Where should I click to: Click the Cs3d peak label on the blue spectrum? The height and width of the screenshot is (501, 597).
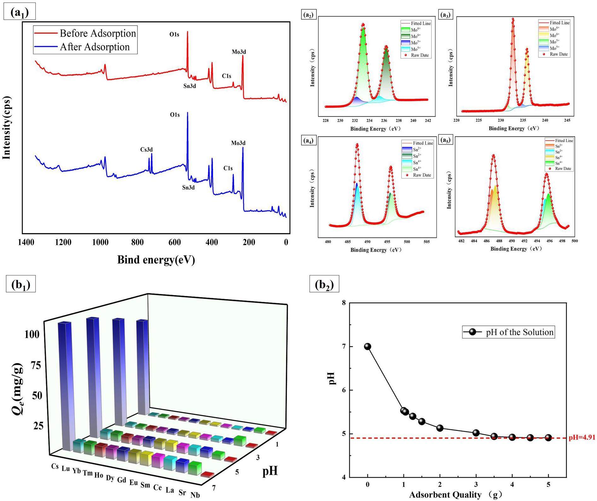[146, 150]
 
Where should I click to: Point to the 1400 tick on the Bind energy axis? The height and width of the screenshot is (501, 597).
[26, 242]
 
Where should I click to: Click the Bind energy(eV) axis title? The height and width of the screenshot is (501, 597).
[156, 260]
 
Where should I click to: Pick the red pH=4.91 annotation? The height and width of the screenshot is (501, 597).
[582, 437]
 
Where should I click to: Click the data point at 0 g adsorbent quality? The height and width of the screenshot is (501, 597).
[368, 347]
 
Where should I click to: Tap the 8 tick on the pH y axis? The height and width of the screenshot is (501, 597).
[344, 303]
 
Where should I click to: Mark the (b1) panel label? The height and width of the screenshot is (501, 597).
[21, 284]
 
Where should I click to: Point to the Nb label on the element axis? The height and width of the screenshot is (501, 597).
[195, 495]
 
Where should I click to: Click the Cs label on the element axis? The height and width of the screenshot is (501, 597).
[55, 466]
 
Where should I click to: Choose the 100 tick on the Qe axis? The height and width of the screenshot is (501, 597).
[32, 334]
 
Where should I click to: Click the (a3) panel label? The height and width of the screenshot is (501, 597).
[446, 14]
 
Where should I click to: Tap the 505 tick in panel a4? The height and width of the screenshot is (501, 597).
[426, 242]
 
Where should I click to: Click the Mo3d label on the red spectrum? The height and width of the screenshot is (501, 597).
[239, 52]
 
